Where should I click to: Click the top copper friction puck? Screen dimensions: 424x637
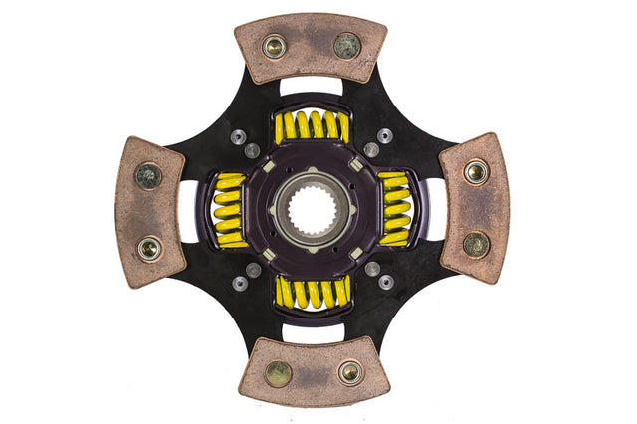(x=310, y=46)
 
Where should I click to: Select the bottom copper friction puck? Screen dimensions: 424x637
(x=313, y=373)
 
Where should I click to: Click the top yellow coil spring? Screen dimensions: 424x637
(x=312, y=126)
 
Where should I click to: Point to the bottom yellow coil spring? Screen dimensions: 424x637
(x=312, y=291)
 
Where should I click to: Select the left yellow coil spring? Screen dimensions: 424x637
(x=230, y=210)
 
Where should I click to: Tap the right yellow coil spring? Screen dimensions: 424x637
(x=394, y=209)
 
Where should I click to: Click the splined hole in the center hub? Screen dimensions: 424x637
(x=312, y=209)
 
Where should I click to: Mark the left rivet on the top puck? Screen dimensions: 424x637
(x=274, y=46)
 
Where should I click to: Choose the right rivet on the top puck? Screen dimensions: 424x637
(x=347, y=45)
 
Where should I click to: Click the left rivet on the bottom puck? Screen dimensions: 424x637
(x=278, y=373)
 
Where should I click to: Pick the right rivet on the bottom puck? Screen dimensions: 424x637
(x=349, y=372)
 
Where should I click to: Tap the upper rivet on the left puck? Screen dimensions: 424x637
(x=148, y=176)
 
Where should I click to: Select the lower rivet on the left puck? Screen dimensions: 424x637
(x=150, y=246)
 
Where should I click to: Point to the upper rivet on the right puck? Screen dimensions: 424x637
(x=476, y=172)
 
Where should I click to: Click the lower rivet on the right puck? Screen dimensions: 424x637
(x=476, y=243)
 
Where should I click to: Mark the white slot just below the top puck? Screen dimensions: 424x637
(x=311, y=87)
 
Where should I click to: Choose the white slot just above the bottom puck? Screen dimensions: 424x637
(x=312, y=332)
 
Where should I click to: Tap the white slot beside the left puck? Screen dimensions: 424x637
(x=188, y=210)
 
